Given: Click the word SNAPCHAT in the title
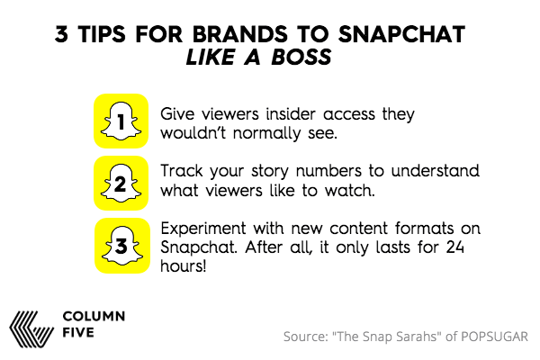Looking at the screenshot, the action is tap(401, 34).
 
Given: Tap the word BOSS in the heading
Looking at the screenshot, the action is tap(301, 57).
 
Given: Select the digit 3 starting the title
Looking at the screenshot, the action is tap(61, 34).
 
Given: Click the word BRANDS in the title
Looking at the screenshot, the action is tap(239, 34).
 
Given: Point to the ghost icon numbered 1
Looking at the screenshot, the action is tap(121, 121).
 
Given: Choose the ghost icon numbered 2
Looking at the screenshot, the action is tap(121, 183).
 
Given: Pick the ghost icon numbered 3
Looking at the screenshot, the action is tap(122, 246).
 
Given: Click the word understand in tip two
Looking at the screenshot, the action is tap(436, 171).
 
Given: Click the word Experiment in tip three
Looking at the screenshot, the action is tap(203, 229).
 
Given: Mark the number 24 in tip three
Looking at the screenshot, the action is tap(455, 247).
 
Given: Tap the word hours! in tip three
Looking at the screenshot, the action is tap(184, 266).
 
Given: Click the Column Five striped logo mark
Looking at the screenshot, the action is tap(31, 329).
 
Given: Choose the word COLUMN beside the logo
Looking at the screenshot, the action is tap(94, 316).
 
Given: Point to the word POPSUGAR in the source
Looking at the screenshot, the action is tap(494, 337).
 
